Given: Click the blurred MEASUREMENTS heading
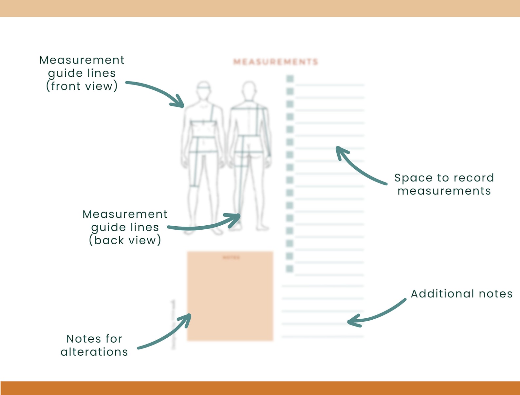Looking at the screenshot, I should click(x=275, y=62).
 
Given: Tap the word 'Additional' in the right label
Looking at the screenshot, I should click(x=442, y=294).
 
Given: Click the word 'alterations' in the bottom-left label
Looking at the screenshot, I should click(x=94, y=352).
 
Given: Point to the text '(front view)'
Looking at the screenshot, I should click(x=82, y=86).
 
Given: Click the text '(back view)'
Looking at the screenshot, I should click(x=125, y=240).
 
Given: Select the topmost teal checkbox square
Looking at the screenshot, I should click(x=290, y=79).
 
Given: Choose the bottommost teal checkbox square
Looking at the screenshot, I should click(x=289, y=269).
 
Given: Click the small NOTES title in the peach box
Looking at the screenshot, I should click(x=231, y=257).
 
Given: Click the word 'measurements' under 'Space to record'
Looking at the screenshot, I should click(x=444, y=191).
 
